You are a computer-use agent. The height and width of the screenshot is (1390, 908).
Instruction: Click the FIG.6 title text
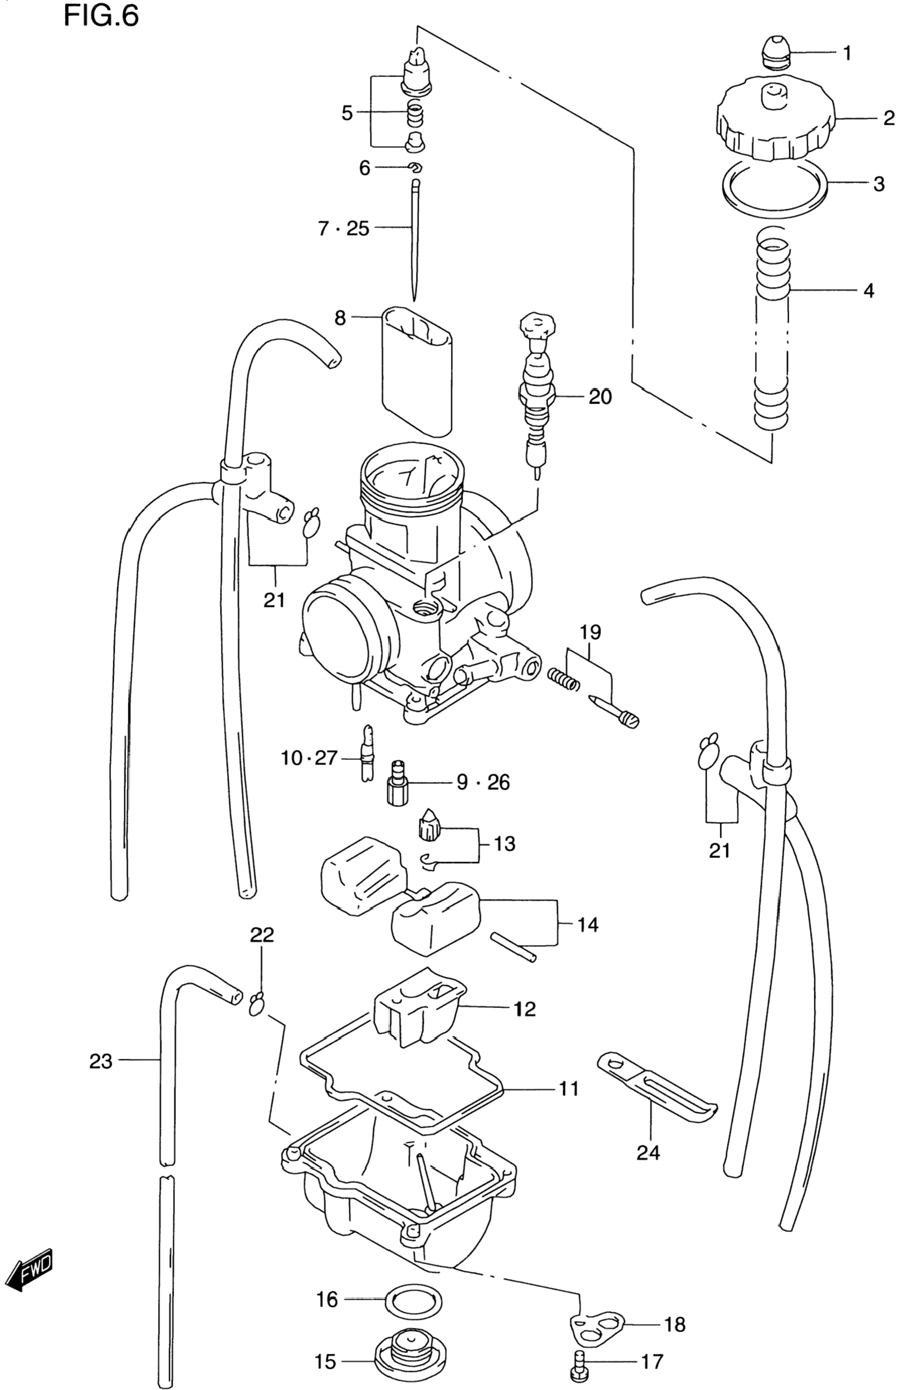[x=101, y=16]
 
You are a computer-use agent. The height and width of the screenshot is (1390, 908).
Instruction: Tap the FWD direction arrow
[x=29, y=1271]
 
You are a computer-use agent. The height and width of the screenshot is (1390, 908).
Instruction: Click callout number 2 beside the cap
[x=888, y=119]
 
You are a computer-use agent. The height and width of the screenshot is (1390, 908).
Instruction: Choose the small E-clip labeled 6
[x=415, y=168]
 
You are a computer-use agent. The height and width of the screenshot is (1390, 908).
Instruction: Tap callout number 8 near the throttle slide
[x=340, y=318]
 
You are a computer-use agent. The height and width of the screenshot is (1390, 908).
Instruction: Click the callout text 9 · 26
[x=483, y=782]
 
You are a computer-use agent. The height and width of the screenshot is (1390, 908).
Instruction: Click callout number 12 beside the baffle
[x=524, y=1009]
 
